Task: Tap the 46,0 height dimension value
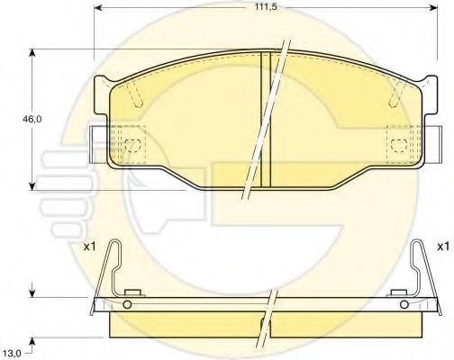click(32, 119)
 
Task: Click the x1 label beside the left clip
click(89, 247)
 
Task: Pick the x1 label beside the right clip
click(443, 247)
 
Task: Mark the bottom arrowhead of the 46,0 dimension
click(32, 185)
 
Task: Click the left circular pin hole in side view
click(127, 305)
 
